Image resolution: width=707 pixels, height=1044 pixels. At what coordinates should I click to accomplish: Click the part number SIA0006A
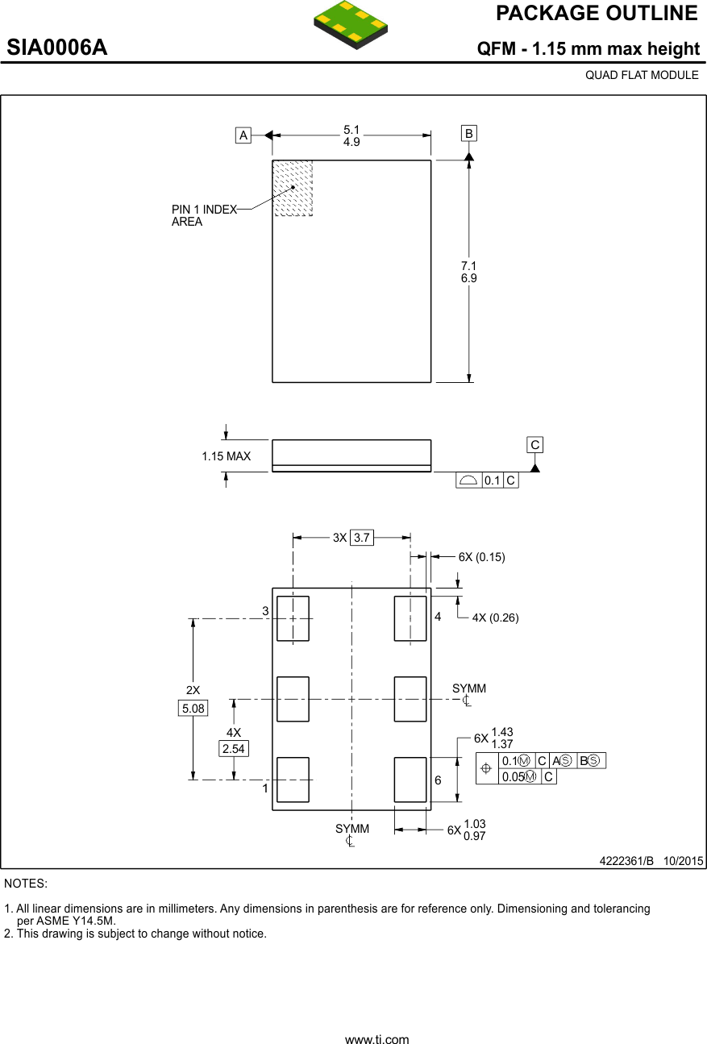(x=57, y=48)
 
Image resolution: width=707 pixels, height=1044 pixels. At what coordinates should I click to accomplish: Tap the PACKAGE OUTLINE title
(x=597, y=13)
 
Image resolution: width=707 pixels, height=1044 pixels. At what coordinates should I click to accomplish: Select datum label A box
(x=243, y=135)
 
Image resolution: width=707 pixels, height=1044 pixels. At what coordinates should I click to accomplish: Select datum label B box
(x=469, y=133)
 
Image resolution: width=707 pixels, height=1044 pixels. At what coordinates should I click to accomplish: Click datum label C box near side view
(x=534, y=445)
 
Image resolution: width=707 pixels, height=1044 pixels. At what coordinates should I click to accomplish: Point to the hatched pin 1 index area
(x=293, y=188)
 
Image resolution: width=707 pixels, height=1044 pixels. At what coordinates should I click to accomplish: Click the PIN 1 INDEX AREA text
(x=204, y=215)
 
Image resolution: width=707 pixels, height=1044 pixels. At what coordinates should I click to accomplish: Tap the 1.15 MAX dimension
(x=226, y=456)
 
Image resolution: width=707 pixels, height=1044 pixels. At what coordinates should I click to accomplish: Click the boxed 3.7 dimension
(x=362, y=538)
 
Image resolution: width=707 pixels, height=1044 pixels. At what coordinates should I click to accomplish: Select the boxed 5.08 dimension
(x=193, y=709)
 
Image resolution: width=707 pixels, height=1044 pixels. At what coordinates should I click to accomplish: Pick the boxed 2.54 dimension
(x=234, y=749)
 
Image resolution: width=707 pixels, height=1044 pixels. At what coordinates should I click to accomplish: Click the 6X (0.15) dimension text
(x=481, y=557)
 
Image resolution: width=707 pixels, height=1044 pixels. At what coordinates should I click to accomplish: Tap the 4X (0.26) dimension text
(x=495, y=618)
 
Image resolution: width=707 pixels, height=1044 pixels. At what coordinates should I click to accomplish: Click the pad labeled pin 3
(x=293, y=618)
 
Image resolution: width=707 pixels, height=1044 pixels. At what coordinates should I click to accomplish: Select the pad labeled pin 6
(x=410, y=780)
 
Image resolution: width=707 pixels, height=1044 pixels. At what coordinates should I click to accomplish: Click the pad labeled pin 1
(x=293, y=780)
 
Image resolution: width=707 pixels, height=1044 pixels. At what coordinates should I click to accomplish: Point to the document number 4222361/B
(x=626, y=860)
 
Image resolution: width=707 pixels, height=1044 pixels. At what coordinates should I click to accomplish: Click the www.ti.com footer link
(x=376, y=1039)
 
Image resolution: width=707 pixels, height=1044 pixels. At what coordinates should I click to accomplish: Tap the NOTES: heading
(x=26, y=884)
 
